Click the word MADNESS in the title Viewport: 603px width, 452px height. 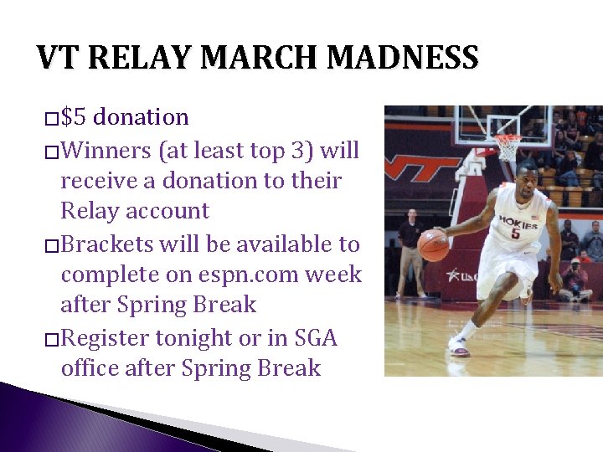403,59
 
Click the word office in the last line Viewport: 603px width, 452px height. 90,368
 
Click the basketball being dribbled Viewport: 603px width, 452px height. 433,245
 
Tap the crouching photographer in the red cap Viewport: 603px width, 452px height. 576,280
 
